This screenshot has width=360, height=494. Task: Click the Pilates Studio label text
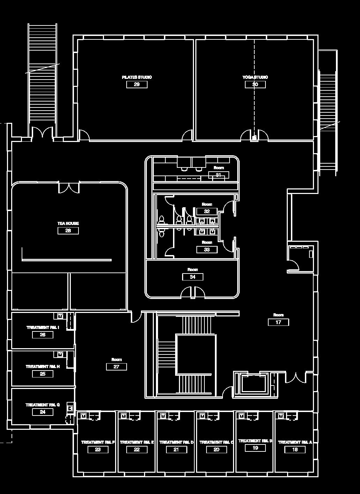137,77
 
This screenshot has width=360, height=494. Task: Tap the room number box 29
137,84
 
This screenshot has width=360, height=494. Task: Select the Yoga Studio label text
255,77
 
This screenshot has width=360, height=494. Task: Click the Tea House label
68,223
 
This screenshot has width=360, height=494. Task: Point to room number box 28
68,231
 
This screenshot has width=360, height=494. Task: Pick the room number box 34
193,277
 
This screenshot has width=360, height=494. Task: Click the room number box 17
278,322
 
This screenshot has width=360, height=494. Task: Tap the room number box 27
117,367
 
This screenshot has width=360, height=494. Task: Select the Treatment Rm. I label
43,328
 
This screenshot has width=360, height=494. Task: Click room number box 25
43,374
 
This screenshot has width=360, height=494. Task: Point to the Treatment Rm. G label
43,405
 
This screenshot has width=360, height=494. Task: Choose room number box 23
98,450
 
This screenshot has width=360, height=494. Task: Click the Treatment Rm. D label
177,442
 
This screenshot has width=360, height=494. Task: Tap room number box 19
255,448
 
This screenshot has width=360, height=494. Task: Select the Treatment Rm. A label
295,442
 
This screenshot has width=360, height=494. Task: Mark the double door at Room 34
193,292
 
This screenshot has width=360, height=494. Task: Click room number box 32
207,211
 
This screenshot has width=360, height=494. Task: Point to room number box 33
207,249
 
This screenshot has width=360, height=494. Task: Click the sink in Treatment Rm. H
60,354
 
